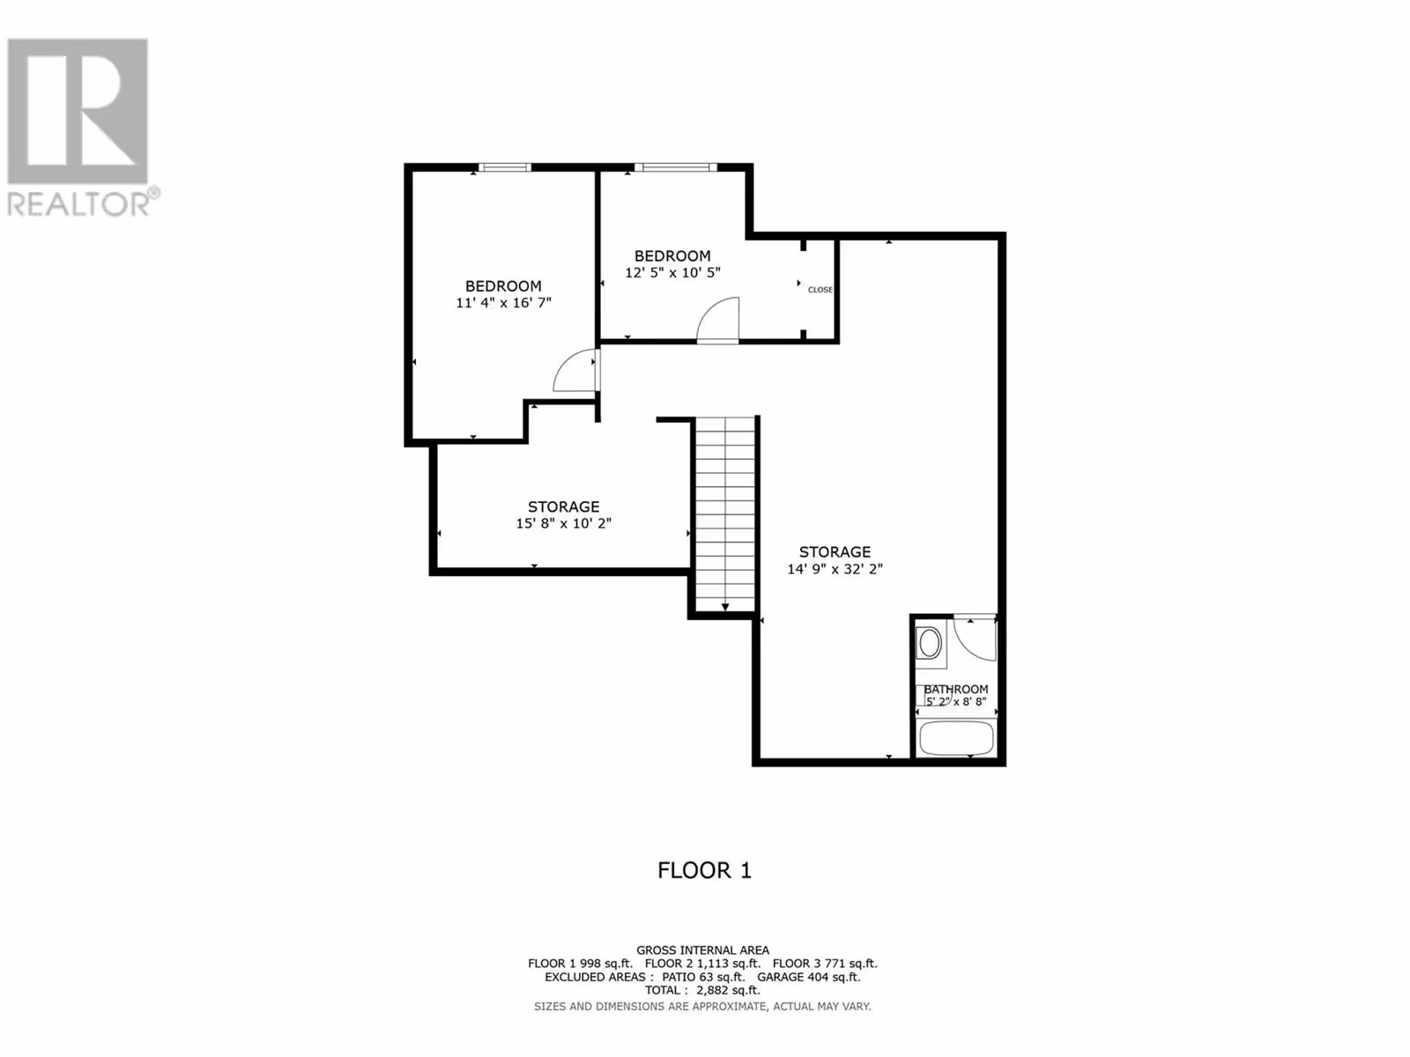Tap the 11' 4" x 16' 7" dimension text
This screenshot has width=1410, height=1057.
click(503, 303)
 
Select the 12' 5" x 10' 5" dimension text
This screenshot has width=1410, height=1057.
click(672, 273)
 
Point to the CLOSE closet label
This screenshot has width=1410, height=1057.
click(820, 290)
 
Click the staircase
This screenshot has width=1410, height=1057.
click(725, 514)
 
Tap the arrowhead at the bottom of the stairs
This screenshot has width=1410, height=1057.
click(725, 607)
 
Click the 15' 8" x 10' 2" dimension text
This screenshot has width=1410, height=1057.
click(563, 524)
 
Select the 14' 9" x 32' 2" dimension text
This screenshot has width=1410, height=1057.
click(835, 569)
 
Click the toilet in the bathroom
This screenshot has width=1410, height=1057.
click(930, 643)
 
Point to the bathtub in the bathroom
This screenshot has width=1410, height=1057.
click(956, 738)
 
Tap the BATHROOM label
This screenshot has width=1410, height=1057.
click(956, 690)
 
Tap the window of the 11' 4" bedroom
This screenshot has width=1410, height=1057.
click(505, 167)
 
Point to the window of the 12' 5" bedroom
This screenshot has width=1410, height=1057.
click(676, 167)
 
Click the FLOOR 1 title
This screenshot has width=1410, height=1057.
click(704, 871)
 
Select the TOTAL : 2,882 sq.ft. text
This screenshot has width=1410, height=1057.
click(702, 990)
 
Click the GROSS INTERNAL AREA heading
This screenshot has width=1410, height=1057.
click(702, 950)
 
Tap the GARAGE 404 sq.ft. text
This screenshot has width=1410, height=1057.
click(808, 977)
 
